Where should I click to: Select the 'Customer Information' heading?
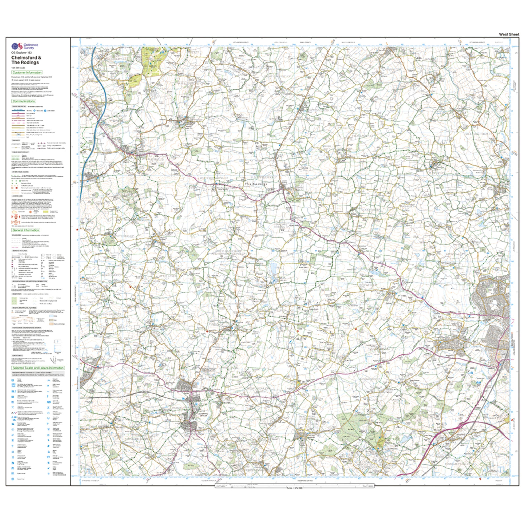(x=27, y=72)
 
